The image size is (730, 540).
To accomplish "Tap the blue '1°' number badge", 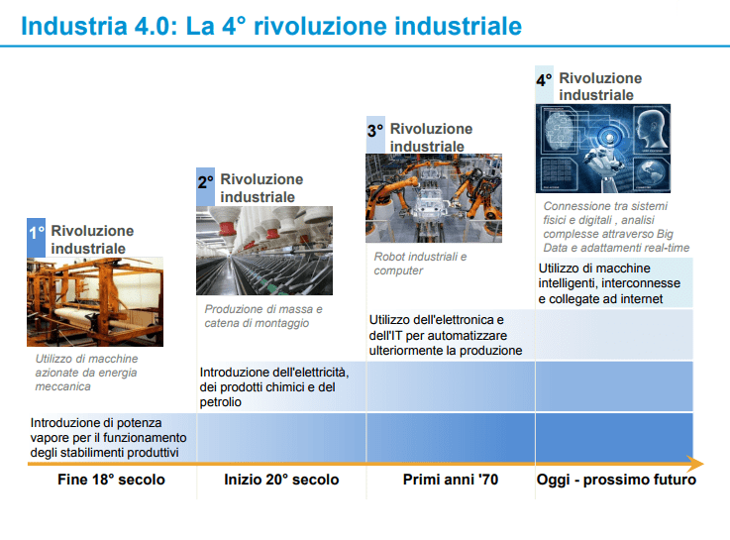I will coord(37,234).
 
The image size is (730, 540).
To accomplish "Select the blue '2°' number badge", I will coord(205,184).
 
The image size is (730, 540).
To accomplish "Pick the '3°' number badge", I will coord(375,131).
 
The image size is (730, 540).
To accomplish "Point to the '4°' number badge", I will coord(544,81).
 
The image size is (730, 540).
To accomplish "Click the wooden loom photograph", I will coord(95,301).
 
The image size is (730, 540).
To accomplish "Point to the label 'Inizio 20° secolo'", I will coord(281,481).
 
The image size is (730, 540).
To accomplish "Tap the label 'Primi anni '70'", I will coord(451,481).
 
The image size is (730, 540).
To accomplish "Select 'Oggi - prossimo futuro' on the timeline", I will coord(616,481).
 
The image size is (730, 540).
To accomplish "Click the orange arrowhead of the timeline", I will coord(697,464).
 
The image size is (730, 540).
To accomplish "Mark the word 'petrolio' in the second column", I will coord(221,402).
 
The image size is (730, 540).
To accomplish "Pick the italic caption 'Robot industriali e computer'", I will coord(420,264).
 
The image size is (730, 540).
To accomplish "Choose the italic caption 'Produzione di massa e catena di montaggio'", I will coord(263,316).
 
